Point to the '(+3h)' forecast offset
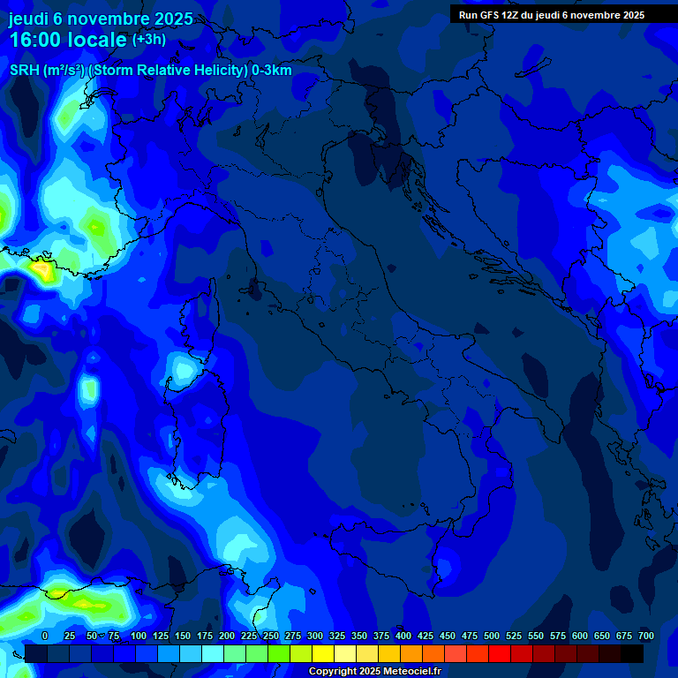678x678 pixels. [x=148, y=40]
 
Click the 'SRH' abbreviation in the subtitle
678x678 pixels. [x=24, y=71]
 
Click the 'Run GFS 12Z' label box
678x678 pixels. [x=552, y=15]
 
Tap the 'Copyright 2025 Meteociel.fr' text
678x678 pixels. [x=374, y=672]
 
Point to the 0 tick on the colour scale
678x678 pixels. [x=45, y=636]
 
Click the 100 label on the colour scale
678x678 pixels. [x=139, y=636]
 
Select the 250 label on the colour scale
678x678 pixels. [x=271, y=636]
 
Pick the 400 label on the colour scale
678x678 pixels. [x=403, y=636]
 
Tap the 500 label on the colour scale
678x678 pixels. [x=492, y=636]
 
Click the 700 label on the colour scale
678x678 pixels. [x=646, y=636]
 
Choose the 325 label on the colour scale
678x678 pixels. [x=337, y=636]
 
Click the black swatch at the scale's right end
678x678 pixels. [x=632, y=653]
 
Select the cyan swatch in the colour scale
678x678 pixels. [x=213, y=653]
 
